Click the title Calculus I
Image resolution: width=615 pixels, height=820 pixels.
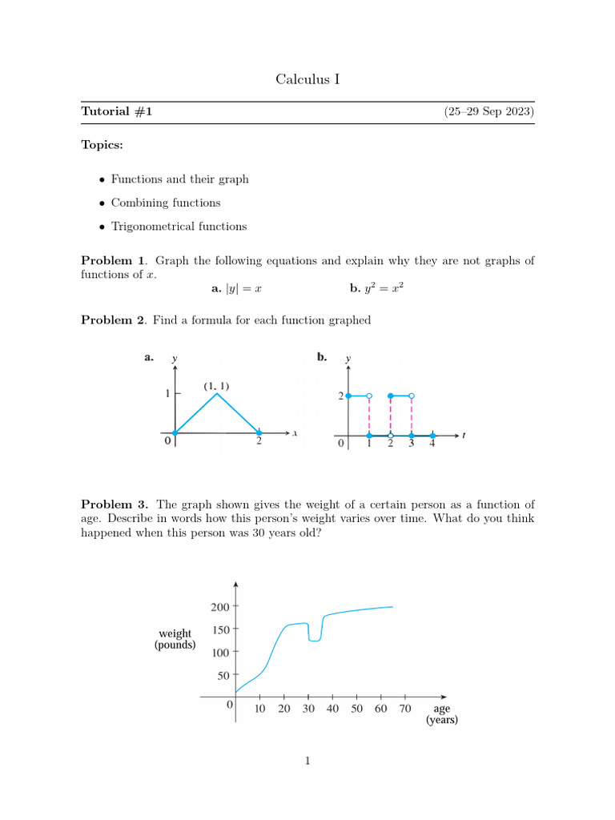point(307,78)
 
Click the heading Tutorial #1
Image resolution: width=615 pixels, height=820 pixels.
point(117,112)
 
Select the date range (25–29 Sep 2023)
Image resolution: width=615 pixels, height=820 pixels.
point(488,112)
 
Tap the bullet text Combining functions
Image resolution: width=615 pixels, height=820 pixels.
point(166,203)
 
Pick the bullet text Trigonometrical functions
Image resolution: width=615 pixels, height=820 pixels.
point(179,227)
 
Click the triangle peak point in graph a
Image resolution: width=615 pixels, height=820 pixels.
point(215,394)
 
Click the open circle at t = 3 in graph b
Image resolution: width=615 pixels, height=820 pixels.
point(411,396)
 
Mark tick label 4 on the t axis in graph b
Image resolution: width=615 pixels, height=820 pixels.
point(432,445)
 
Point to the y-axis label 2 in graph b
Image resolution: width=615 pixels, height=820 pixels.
point(340,396)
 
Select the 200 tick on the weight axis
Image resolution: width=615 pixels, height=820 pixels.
point(219,607)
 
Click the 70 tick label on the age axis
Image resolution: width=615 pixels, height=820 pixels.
point(405,709)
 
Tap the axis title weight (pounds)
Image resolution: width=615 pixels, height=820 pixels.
point(175,639)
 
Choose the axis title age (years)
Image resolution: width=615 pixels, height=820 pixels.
point(441,714)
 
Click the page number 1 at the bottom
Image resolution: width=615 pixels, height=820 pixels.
point(307,761)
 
